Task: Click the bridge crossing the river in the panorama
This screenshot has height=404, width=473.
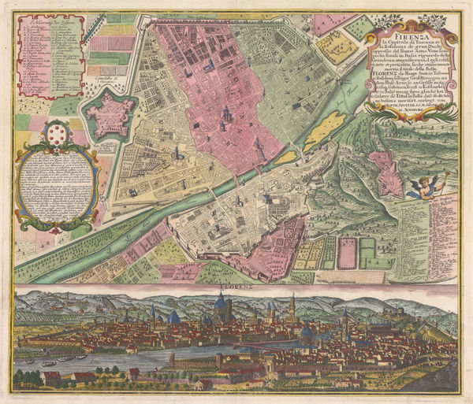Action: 260,344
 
